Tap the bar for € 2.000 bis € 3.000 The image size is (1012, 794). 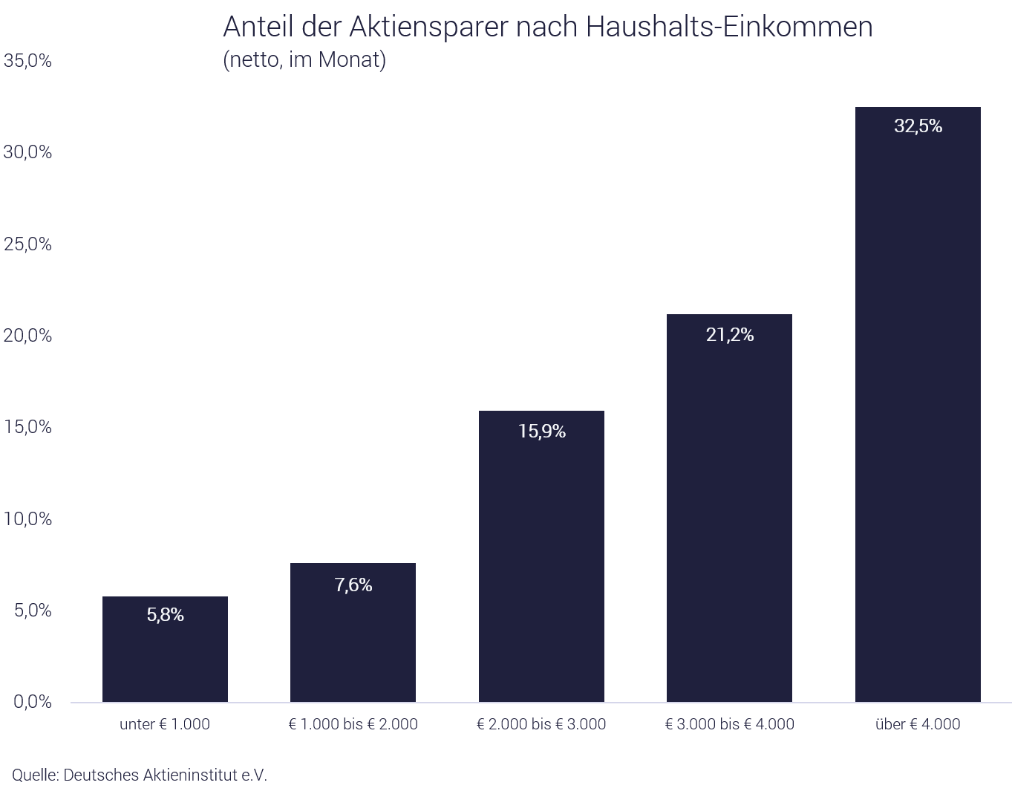pyautogui.click(x=541, y=564)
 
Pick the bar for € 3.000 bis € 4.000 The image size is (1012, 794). pyautogui.click(x=729, y=520)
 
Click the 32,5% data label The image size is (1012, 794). pyautogui.click(x=918, y=126)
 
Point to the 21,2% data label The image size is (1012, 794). pyautogui.click(x=729, y=335)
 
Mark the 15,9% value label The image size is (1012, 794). pyautogui.click(x=541, y=432)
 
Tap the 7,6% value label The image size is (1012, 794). pyautogui.click(x=353, y=585)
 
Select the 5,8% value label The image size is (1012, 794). pyautogui.click(x=165, y=615)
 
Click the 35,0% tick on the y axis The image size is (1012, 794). pyautogui.click(x=27, y=61)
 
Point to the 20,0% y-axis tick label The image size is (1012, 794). pyautogui.click(x=27, y=336)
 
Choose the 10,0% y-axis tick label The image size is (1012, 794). pyautogui.click(x=27, y=519)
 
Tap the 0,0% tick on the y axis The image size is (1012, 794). pyautogui.click(x=32, y=702)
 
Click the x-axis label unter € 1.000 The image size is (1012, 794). pyautogui.click(x=165, y=724)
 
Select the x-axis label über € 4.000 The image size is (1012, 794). pyautogui.click(x=918, y=724)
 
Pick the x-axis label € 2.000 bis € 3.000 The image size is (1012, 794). pyautogui.click(x=541, y=724)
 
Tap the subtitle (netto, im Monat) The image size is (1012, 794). pyautogui.click(x=304, y=59)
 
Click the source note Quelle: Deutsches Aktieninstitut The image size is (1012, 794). pyautogui.click(x=139, y=775)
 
